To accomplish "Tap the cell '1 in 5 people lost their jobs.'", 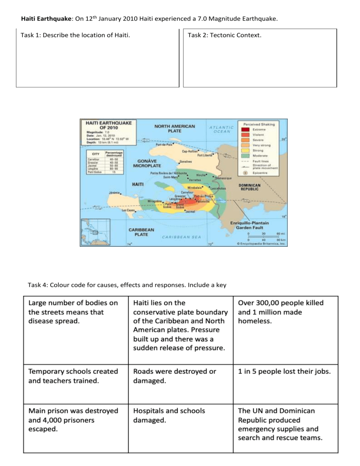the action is (x=284, y=372).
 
